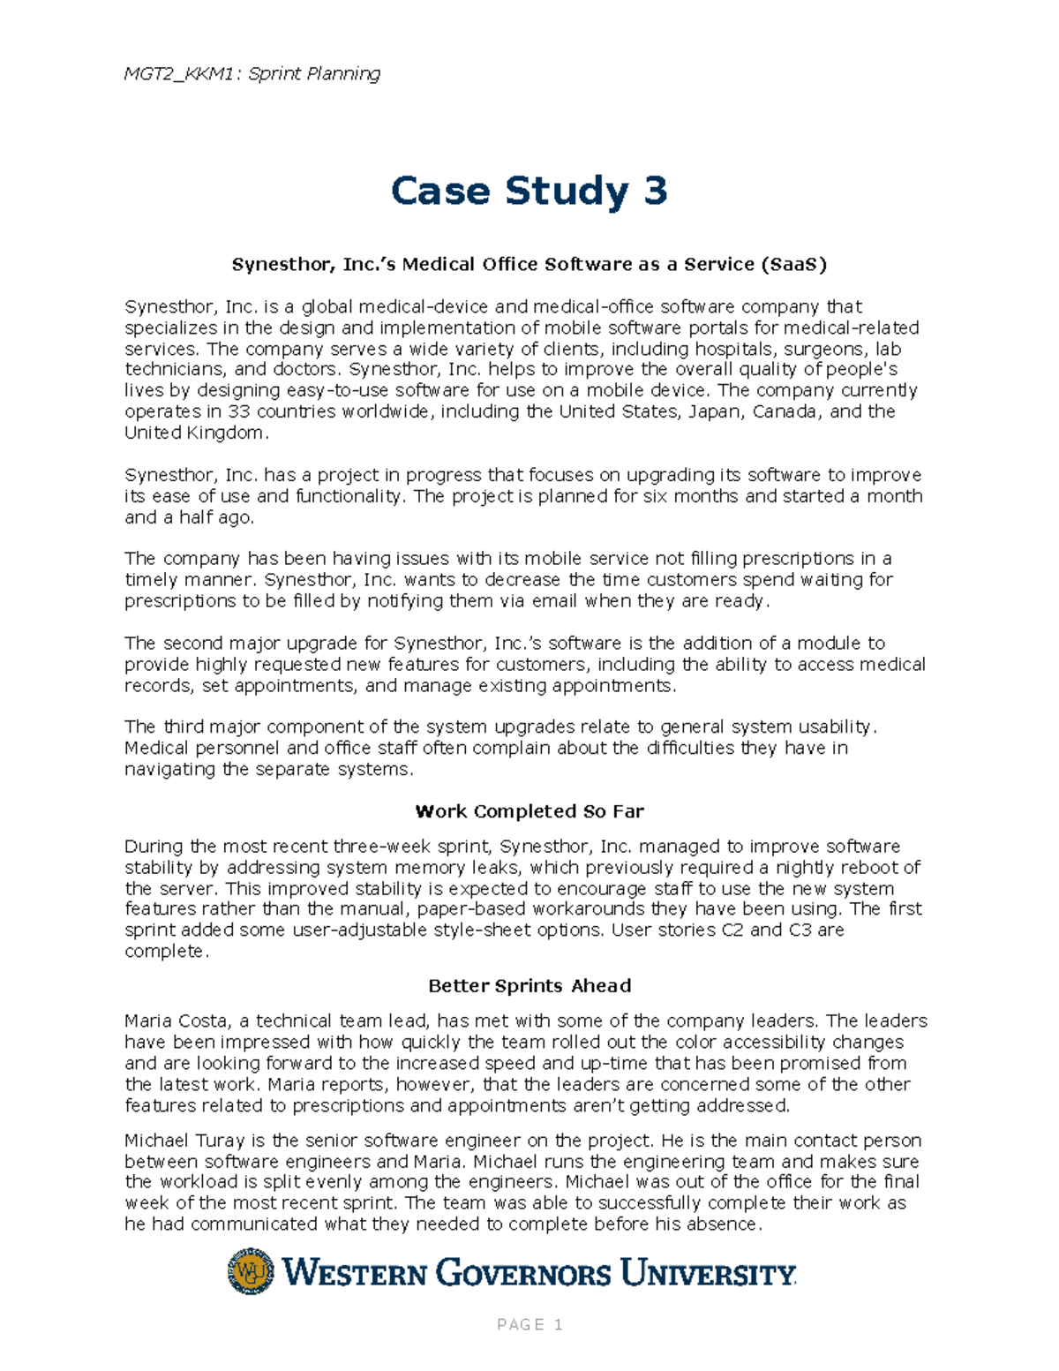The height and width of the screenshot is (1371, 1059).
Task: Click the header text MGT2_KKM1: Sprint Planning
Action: (x=252, y=73)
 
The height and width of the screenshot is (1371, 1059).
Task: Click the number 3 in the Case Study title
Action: (x=655, y=191)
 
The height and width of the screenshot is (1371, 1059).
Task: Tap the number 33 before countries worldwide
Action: (x=238, y=411)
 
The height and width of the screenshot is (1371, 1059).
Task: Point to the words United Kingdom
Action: (x=194, y=433)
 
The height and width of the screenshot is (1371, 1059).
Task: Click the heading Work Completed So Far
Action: (x=529, y=811)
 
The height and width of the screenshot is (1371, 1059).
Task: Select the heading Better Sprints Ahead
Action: (x=529, y=986)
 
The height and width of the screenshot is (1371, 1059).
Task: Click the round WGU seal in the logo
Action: (x=251, y=1271)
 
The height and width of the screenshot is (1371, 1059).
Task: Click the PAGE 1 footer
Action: (x=529, y=1324)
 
